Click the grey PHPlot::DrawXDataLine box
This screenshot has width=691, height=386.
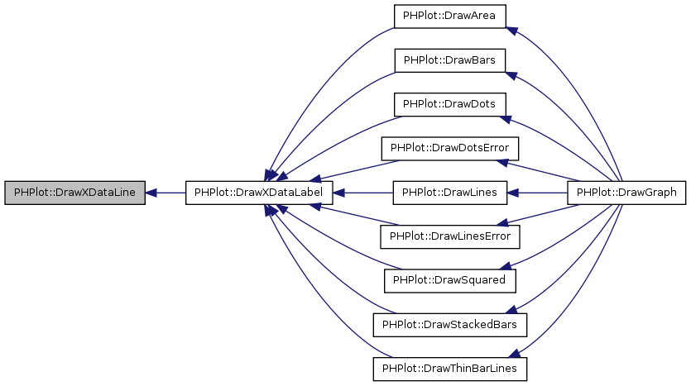point(75,193)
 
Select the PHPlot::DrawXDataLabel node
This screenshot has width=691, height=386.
point(259,193)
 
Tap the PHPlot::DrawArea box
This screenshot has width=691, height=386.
point(449,17)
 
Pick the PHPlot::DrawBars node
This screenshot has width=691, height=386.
point(449,60)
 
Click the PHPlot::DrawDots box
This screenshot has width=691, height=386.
point(449,104)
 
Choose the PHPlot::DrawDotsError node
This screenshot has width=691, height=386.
point(450,148)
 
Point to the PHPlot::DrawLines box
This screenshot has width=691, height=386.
point(450,193)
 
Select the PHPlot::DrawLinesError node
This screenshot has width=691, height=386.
point(450,236)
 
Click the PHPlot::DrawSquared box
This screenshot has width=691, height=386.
point(450,281)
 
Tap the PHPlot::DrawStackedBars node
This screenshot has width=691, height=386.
point(450,325)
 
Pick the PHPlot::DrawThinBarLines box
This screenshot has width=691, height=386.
point(450,369)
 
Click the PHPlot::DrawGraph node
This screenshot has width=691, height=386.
point(626,193)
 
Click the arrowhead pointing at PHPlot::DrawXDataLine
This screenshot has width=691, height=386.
point(151,193)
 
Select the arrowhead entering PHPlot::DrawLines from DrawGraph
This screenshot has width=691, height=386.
point(512,193)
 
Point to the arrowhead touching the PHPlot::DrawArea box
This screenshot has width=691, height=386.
point(511,31)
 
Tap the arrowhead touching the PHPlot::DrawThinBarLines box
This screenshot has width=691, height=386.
point(514,353)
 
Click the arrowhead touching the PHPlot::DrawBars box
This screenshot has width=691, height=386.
point(511,75)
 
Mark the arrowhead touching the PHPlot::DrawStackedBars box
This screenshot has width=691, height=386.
point(512,309)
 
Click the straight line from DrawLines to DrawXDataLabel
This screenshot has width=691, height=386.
point(362,193)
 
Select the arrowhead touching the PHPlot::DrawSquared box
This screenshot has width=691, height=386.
point(506,266)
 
